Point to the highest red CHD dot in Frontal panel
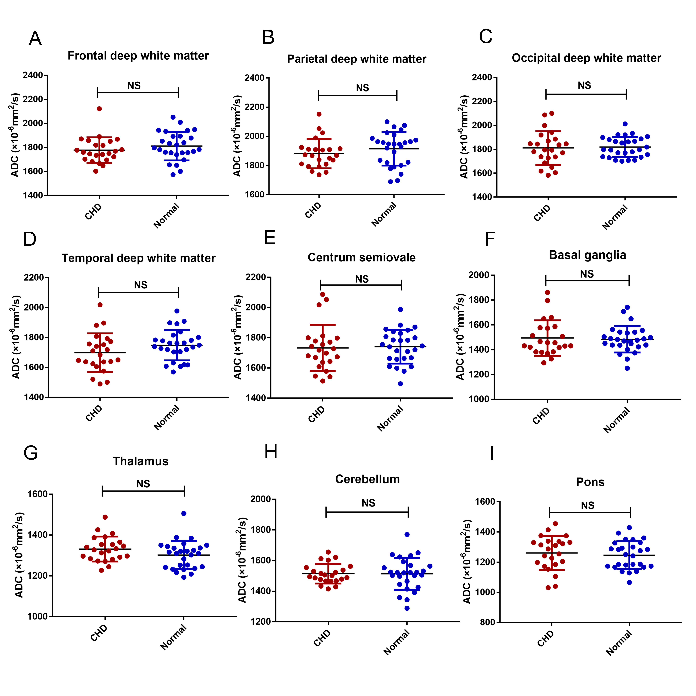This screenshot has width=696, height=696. click(99, 109)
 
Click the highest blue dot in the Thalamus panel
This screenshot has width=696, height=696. click(184, 513)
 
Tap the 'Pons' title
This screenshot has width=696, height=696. click(590, 482)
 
